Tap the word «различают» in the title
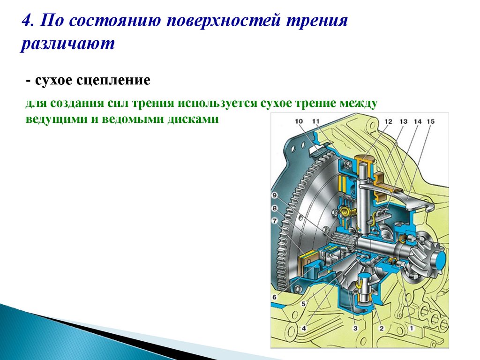click(x=67, y=44)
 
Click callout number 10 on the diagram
click(x=300, y=122)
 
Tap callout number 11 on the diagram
click(x=316, y=122)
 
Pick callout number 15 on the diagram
click(x=430, y=122)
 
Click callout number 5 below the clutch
click(x=303, y=304)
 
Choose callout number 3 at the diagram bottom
click(x=355, y=328)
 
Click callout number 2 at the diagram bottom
click(x=381, y=328)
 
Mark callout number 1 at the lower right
click(x=412, y=328)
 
